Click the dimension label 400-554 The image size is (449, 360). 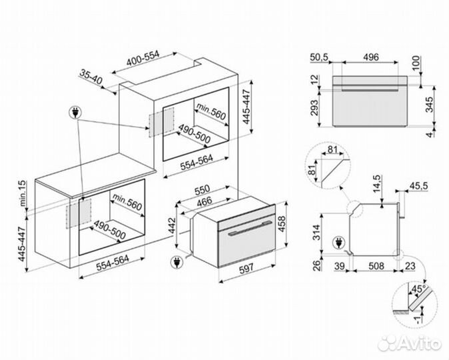coord(143,59)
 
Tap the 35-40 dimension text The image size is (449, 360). coord(91,77)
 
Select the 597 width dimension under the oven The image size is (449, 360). coord(246,268)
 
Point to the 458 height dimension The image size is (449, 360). coord(282,225)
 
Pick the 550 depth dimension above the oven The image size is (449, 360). coord(202,190)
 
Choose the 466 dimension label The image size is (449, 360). coord(205,201)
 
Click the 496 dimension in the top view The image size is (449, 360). coord(371,57)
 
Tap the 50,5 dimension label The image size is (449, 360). coord(318,57)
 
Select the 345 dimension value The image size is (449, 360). coord(430,105)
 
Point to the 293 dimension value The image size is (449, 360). coord(314,107)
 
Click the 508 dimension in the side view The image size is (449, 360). coord(376,266)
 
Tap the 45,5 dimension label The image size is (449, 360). coord(418,186)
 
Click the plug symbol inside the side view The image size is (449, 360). coord(339,243)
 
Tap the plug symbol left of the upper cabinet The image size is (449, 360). coord(75,113)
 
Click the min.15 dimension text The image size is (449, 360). coord(23,193)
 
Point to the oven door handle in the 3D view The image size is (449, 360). coord(250,229)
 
